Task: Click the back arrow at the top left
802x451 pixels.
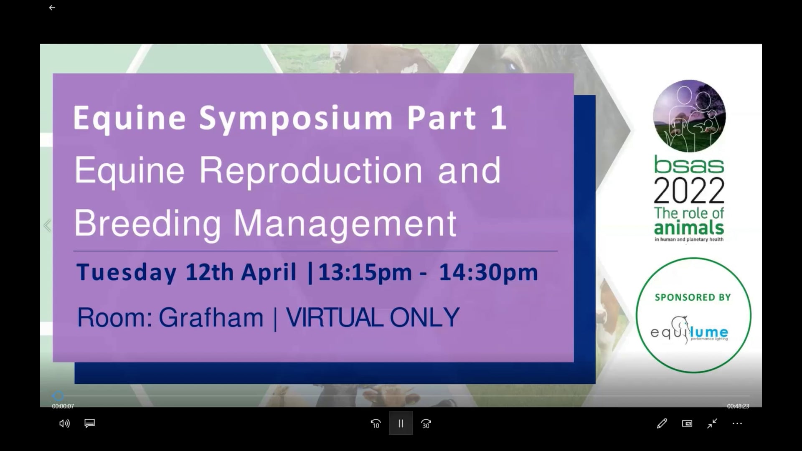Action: click(x=52, y=8)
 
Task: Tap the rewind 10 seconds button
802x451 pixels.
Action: click(x=376, y=423)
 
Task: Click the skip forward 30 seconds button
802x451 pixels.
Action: click(x=426, y=423)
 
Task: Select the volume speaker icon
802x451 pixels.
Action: click(x=64, y=423)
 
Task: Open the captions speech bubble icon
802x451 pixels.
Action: click(x=89, y=423)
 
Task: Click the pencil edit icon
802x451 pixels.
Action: click(x=662, y=423)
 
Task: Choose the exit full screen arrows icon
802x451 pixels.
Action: click(x=712, y=423)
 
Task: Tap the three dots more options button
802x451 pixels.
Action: click(x=737, y=423)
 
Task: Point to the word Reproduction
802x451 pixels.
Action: click(x=311, y=171)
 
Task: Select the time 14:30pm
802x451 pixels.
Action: click(x=488, y=273)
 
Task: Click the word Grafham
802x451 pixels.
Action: click(x=211, y=318)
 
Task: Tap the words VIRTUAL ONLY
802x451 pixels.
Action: click(x=373, y=318)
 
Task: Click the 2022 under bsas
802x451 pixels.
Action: click(x=689, y=190)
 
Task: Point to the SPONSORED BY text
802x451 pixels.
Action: click(x=693, y=297)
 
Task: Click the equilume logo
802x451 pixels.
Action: click(x=689, y=331)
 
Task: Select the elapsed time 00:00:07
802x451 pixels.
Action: click(x=63, y=406)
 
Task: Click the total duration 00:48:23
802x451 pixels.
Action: click(x=738, y=406)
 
